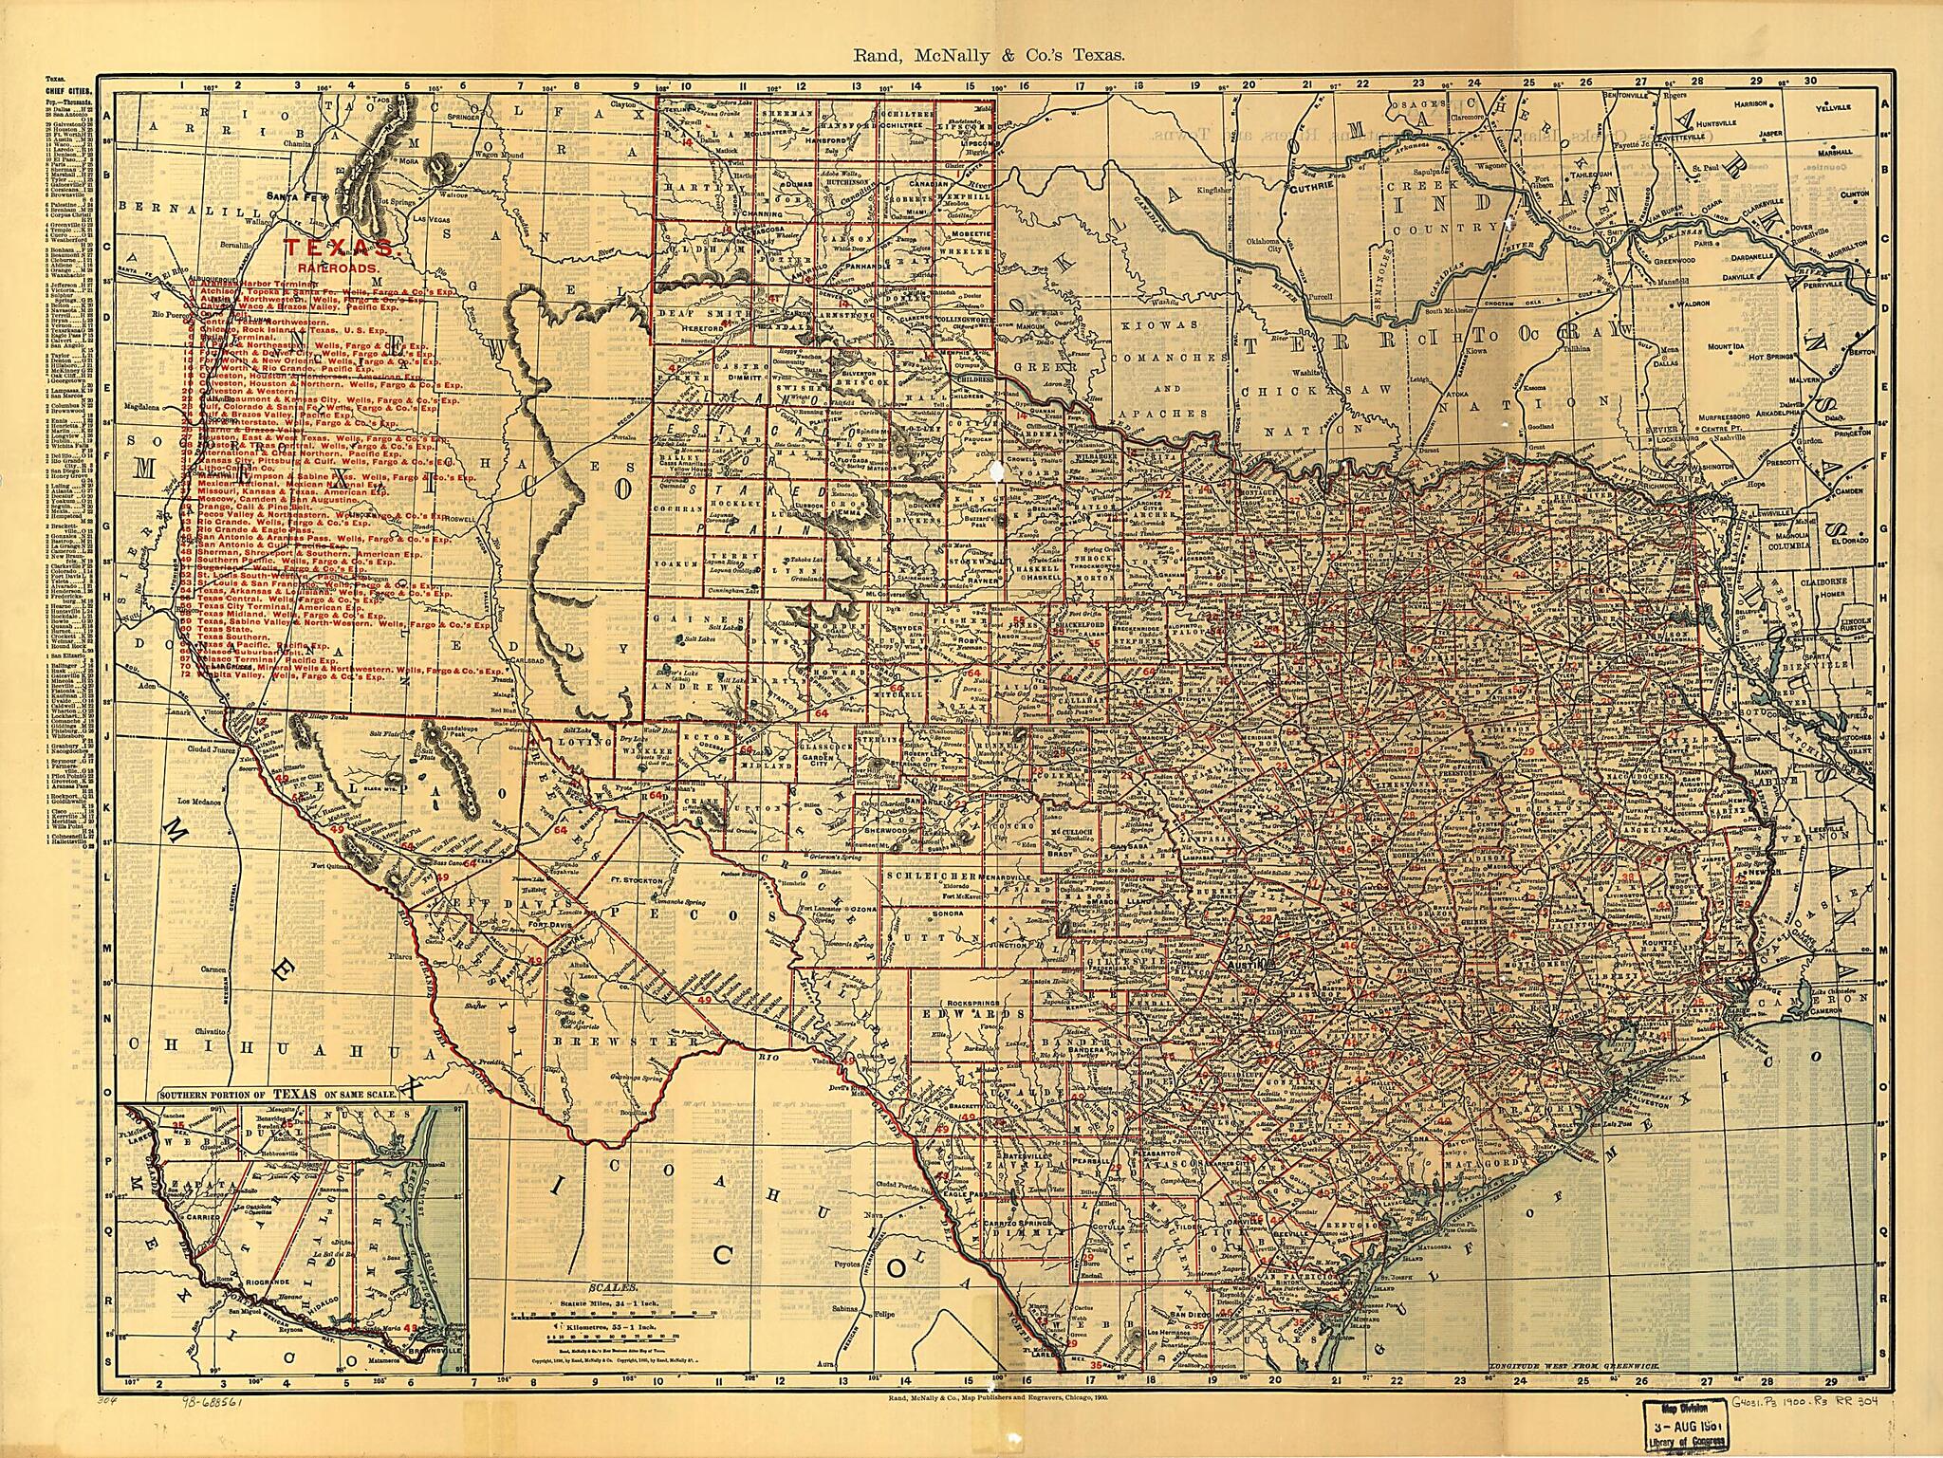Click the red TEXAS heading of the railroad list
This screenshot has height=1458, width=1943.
pos(339,249)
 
